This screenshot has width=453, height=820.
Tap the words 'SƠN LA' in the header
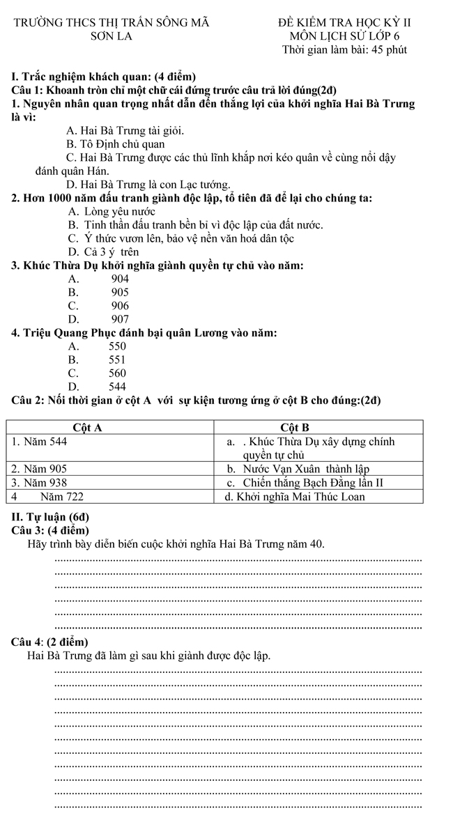click(x=111, y=36)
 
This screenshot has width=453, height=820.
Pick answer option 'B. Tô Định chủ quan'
click(x=115, y=144)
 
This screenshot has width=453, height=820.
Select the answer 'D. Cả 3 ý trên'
click(x=103, y=252)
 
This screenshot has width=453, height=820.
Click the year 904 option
click(x=120, y=279)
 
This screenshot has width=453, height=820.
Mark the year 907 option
click(x=120, y=319)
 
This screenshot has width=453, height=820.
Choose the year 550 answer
click(x=117, y=346)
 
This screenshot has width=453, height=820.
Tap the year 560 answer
click(x=117, y=373)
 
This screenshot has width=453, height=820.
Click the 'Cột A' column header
click(x=89, y=428)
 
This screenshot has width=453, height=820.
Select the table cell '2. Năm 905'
click(x=40, y=469)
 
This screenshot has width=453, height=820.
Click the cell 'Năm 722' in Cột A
click(x=61, y=497)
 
